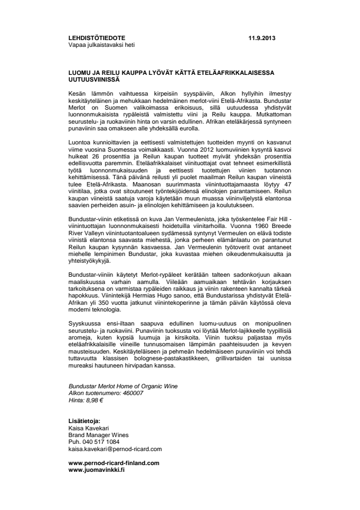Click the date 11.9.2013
tap(263, 38)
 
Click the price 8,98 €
tap(94, 400)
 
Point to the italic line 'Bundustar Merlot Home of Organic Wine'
tap(123, 386)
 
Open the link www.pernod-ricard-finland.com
tap(114, 462)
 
